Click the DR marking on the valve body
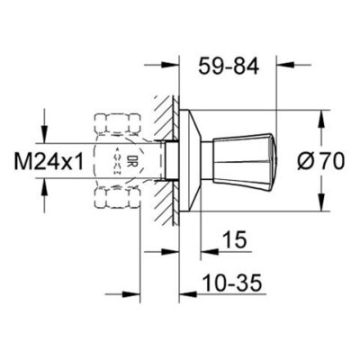(x=131, y=163)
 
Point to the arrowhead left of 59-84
(x=171, y=65)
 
